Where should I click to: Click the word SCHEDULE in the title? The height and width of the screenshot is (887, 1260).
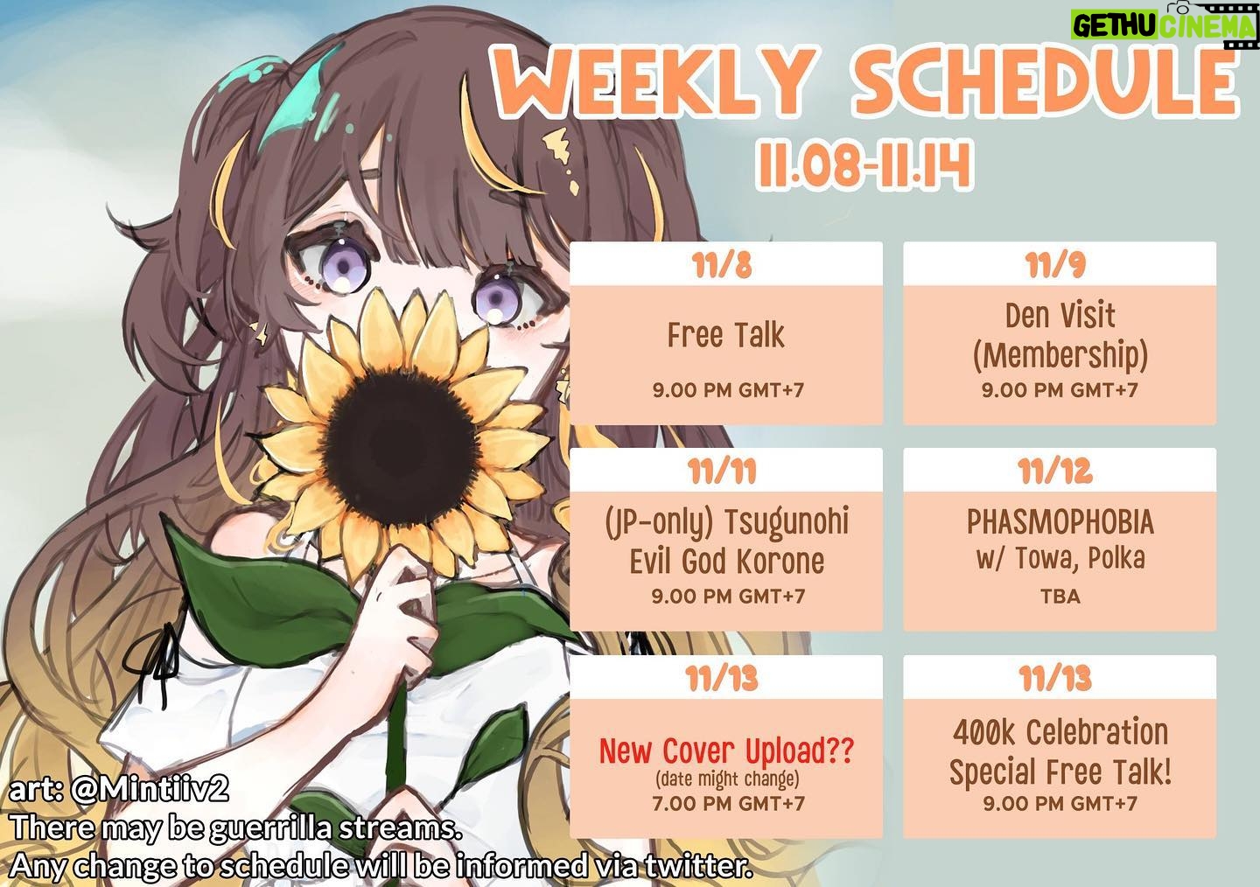tap(1047, 80)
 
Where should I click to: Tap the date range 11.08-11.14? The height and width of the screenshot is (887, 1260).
tap(864, 164)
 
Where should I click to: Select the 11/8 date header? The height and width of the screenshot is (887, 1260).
tap(723, 264)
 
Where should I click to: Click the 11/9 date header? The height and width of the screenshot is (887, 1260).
tap(1054, 264)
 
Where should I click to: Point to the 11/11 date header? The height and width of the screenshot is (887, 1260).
tap(722, 471)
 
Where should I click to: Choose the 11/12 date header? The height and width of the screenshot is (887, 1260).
tap(1054, 471)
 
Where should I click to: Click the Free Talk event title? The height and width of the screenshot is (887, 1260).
tap(725, 335)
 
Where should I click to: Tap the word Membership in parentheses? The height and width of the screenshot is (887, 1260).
tap(1060, 355)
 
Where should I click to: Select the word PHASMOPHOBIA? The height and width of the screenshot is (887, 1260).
tap(1060, 522)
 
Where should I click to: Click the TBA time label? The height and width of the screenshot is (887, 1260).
tap(1060, 597)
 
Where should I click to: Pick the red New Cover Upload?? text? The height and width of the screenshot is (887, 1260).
tap(727, 751)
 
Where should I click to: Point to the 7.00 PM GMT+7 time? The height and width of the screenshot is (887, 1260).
tap(728, 803)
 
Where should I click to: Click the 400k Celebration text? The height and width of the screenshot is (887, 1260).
tap(1060, 732)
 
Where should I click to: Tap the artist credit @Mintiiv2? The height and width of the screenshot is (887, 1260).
tap(150, 790)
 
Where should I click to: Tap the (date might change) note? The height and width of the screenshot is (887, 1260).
tap(727, 779)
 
